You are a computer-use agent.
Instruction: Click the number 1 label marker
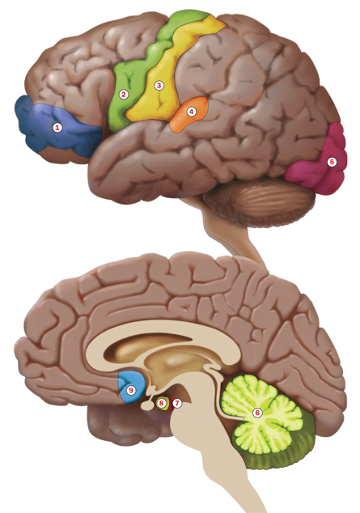click(x=57, y=127)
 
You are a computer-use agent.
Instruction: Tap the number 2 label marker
click(x=123, y=95)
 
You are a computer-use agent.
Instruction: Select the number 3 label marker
click(x=159, y=86)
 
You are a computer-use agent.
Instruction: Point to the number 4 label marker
click(x=191, y=112)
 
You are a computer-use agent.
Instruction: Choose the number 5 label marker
click(x=332, y=162)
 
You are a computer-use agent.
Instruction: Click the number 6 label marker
click(x=257, y=413)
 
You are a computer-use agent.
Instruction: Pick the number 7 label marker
click(x=177, y=403)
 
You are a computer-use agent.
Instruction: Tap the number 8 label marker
click(x=161, y=403)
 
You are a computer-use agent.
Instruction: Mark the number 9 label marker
click(x=131, y=390)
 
